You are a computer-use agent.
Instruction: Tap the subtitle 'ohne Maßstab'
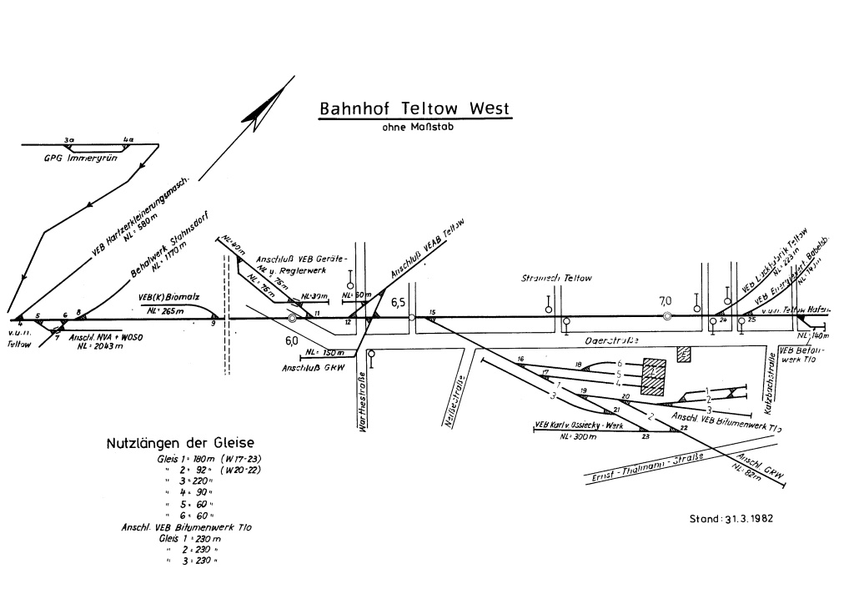[x=414, y=128]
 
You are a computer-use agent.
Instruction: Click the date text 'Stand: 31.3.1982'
[x=731, y=517]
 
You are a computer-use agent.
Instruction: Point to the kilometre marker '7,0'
[x=665, y=301]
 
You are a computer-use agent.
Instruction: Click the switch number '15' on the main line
[x=432, y=312]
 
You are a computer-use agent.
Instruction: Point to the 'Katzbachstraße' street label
[x=771, y=385]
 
